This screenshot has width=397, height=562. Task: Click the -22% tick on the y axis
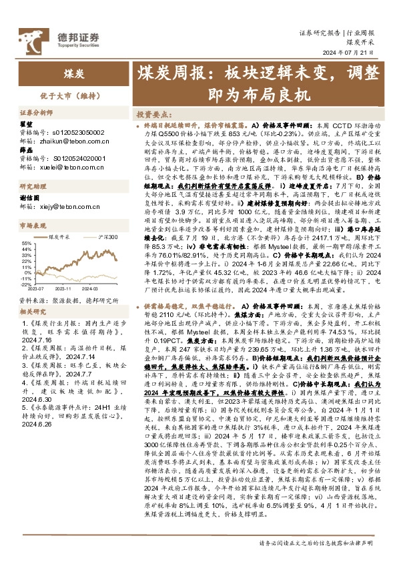(x=26, y=284)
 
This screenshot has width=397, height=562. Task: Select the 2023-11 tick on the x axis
(x=63, y=289)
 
